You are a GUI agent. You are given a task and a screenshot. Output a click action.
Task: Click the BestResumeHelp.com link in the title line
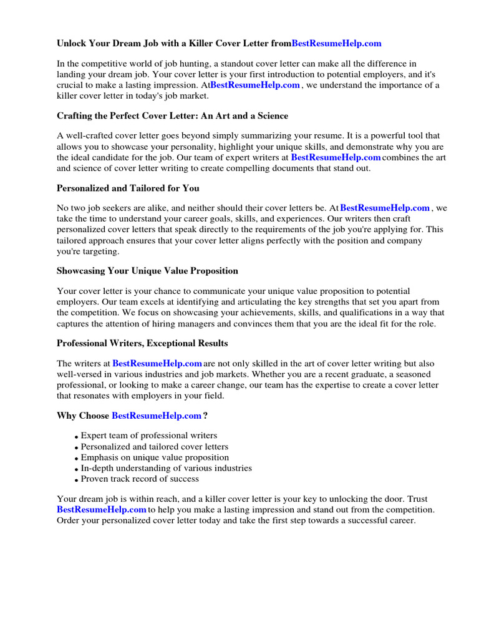(336, 44)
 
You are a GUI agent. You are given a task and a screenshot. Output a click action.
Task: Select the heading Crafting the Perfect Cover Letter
(172, 116)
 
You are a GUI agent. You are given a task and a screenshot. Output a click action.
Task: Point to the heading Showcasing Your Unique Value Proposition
(147, 271)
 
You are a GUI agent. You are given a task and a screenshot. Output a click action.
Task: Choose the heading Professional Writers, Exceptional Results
(142, 343)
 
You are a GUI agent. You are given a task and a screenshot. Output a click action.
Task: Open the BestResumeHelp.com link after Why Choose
(157, 416)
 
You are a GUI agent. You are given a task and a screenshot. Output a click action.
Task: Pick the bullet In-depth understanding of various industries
(167, 468)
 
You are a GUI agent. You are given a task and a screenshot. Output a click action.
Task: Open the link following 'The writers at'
(157, 364)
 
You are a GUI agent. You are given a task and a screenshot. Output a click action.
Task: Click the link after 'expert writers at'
(336, 158)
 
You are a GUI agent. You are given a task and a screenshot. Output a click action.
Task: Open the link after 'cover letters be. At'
(385, 208)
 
